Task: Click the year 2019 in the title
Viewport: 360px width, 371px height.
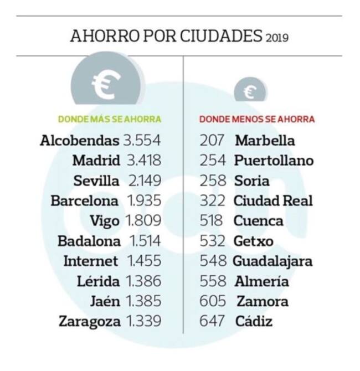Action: coord(277,38)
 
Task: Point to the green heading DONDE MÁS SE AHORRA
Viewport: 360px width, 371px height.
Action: coord(110,119)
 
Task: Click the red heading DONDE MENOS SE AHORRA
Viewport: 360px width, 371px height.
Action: coord(257,119)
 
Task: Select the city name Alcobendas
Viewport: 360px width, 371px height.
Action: coord(80,141)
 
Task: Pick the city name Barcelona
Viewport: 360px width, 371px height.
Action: coord(85,201)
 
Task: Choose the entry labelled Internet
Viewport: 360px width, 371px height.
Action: coord(91,261)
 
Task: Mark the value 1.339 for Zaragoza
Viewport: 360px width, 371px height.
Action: coord(143,321)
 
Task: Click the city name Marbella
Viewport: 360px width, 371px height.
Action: coord(265,141)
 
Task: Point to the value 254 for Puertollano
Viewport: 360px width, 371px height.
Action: coord(213,161)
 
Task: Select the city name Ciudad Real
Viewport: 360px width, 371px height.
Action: coord(273,201)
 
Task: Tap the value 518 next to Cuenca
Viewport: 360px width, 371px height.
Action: coord(213,221)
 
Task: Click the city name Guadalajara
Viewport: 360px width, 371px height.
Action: coord(272,261)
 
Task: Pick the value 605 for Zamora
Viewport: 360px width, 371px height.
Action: coord(213,301)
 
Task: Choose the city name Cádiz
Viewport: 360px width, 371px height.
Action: coord(254,321)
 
